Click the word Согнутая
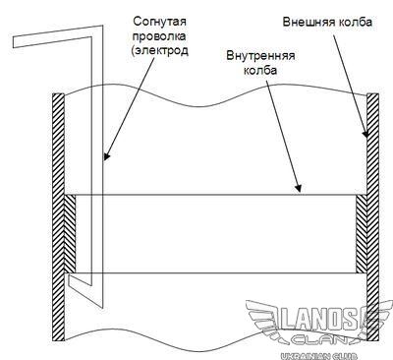[159, 23]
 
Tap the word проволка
[159, 36]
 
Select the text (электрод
[160, 51]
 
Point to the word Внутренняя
[260, 56]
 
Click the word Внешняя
[309, 22]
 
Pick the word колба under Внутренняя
[260, 70]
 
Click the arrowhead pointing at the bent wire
[107, 155]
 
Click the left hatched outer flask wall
[58, 217]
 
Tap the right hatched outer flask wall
[373, 217]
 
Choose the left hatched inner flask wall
[70, 234]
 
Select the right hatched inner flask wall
[362, 234]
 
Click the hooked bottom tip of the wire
[69, 277]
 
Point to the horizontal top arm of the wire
[56, 35]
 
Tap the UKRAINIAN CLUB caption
[319, 355]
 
